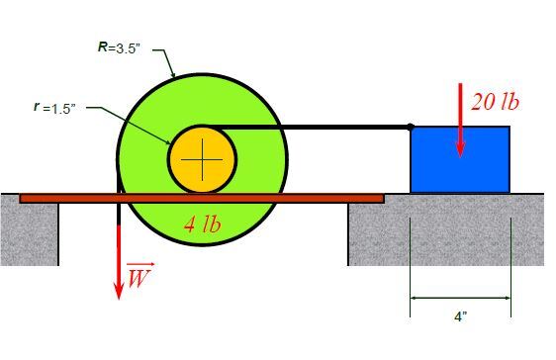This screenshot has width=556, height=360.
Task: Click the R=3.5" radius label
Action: [x=119, y=47]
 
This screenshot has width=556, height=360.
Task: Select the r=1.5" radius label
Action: [x=55, y=108]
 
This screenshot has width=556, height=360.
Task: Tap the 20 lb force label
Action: [x=495, y=103]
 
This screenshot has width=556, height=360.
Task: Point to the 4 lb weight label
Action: [x=203, y=224]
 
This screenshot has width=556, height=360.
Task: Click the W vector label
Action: [x=140, y=275]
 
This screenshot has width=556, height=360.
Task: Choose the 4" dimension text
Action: [x=461, y=316]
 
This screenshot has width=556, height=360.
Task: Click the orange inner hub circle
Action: [x=202, y=160]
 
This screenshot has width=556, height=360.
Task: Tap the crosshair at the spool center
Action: [x=202, y=160]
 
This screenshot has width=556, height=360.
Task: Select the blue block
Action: [x=460, y=160]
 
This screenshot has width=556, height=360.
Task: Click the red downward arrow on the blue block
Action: [x=460, y=121]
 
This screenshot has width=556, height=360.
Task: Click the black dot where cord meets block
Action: [x=411, y=127]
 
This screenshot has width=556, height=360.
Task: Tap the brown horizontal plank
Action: [x=202, y=198]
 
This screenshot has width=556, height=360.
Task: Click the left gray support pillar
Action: [x=30, y=229]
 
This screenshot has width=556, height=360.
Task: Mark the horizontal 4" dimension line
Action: [x=460, y=298]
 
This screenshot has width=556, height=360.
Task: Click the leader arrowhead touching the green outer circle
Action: [x=173, y=74]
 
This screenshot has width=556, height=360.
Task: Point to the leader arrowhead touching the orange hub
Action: [x=168, y=142]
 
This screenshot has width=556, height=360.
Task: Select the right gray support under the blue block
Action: [x=446, y=229]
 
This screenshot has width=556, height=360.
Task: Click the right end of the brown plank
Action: [x=384, y=198]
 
